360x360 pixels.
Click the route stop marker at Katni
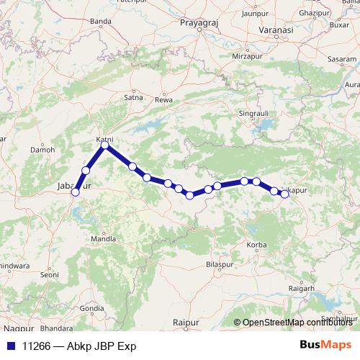[x=105, y=145]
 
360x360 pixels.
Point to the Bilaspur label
[x=218, y=266]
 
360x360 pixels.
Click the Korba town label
[x=256, y=246]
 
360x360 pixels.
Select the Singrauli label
[x=256, y=113]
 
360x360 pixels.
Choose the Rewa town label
[x=168, y=99]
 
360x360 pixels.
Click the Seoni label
[x=49, y=274]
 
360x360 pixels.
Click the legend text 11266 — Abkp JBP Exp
[x=79, y=346]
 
